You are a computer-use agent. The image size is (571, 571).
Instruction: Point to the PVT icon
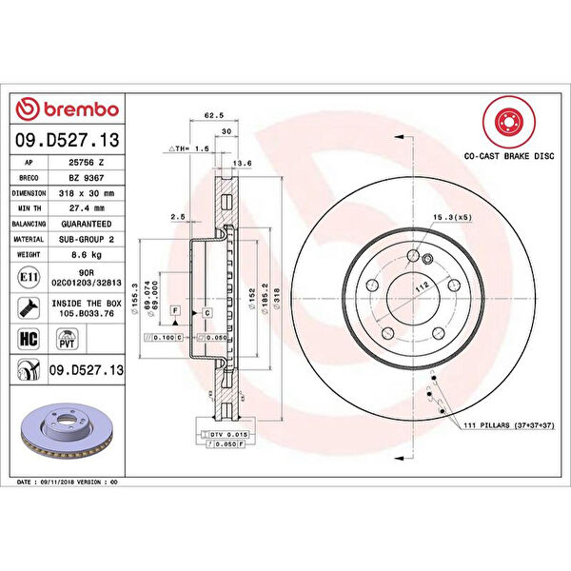(x=68, y=337)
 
